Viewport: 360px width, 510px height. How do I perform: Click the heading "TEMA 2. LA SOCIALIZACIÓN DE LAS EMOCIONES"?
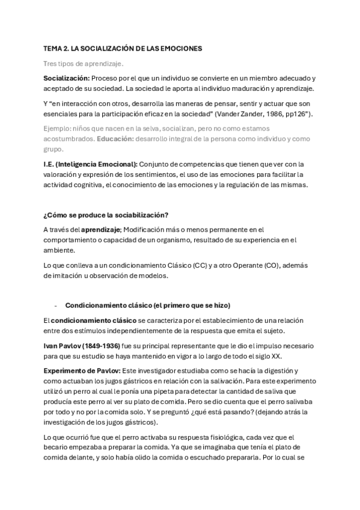pyautogui.click(x=123, y=48)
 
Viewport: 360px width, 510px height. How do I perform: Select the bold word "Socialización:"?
pyautogui.click(x=66, y=79)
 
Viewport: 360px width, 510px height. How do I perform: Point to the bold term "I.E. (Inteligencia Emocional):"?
pyautogui.click(x=90, y=164)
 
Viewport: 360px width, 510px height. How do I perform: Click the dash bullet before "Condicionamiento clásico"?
pyautogui.click(x=55, y=304)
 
